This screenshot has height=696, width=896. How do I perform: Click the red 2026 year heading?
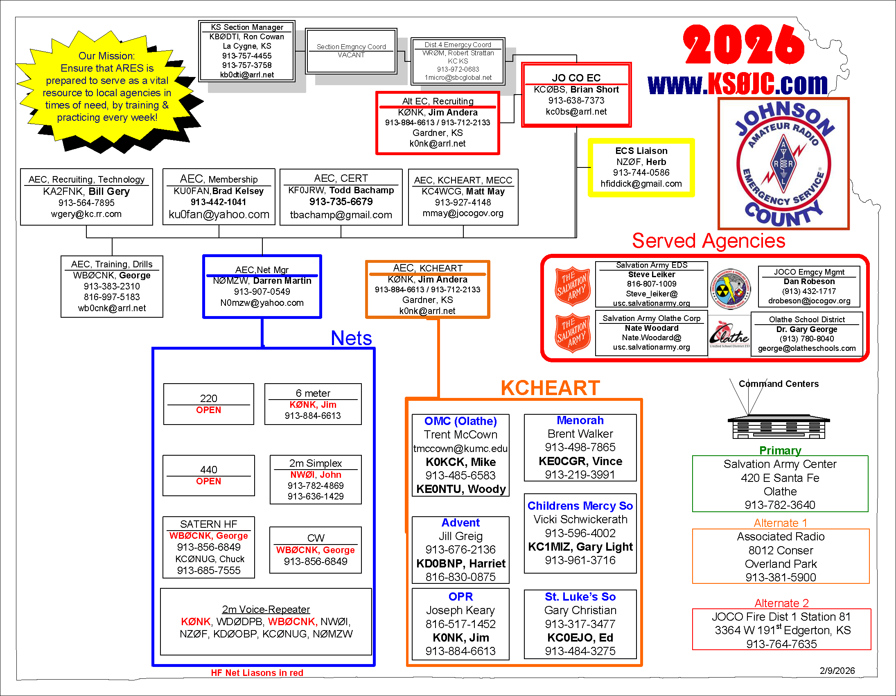743,45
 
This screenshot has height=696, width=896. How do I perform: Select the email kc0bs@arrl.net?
576,112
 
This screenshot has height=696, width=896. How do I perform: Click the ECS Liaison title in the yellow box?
641,151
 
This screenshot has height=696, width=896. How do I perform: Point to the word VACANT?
351,55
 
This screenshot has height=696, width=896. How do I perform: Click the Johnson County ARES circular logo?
783,164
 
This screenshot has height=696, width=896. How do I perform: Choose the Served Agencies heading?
708,241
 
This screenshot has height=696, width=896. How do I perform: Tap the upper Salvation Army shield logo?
572,286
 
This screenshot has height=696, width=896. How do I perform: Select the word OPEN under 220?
208,410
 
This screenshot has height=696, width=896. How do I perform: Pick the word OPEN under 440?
208,481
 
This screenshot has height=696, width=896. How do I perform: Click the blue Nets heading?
351,338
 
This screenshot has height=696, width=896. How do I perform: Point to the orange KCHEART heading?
550,388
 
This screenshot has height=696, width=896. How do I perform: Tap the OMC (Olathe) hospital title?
460,421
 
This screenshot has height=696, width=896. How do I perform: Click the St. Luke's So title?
580,596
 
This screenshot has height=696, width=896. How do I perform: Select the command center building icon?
778,427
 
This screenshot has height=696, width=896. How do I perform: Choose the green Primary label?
780,450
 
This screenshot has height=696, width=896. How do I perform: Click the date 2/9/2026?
837,671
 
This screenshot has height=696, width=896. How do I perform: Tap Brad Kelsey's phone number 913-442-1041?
218,202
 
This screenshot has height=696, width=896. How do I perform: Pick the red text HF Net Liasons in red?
257,673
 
